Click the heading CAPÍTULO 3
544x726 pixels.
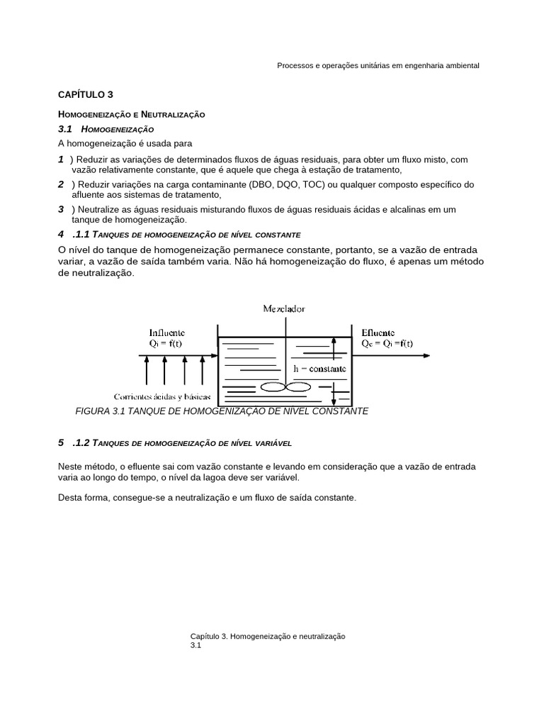[x=85, y=94]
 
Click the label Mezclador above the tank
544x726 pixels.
[x=284, y=308]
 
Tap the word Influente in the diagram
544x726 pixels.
[x=167, y=331]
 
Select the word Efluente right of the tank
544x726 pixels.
[x=378, y=331]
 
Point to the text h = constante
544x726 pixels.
[x=319, y=369]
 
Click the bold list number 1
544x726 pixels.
[x=61, y=160]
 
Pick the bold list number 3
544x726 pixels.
[x=61, y=209]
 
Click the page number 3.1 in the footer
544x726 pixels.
[x=196, y=646]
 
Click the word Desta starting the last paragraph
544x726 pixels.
[x=69, y=498]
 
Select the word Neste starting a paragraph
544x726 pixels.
[x=70, y=467]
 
